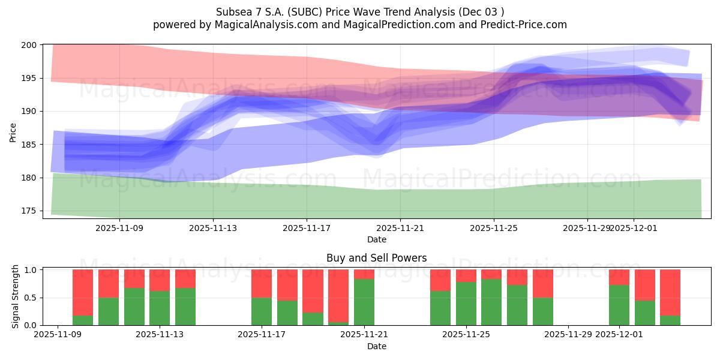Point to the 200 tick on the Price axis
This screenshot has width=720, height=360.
click(30, 45)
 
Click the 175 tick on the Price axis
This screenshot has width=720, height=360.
click(30, 211)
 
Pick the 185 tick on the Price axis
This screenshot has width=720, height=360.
click(30, 145)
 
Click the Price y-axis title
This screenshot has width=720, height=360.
click(13, 131)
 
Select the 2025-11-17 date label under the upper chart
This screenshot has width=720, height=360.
click(307, 228)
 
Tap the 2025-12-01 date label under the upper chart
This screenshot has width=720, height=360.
click(634, 228)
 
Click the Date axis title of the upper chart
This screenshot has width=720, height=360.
click(377, 239)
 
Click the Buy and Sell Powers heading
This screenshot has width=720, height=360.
click(377, 258)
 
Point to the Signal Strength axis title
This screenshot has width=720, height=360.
click(16, 297)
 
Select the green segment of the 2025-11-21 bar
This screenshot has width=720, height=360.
click(364, 302)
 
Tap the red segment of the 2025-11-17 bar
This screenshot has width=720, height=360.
click(262, 283)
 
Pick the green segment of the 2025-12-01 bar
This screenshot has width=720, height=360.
click(619, 305)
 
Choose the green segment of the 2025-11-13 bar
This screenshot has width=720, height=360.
click(160, 308)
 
